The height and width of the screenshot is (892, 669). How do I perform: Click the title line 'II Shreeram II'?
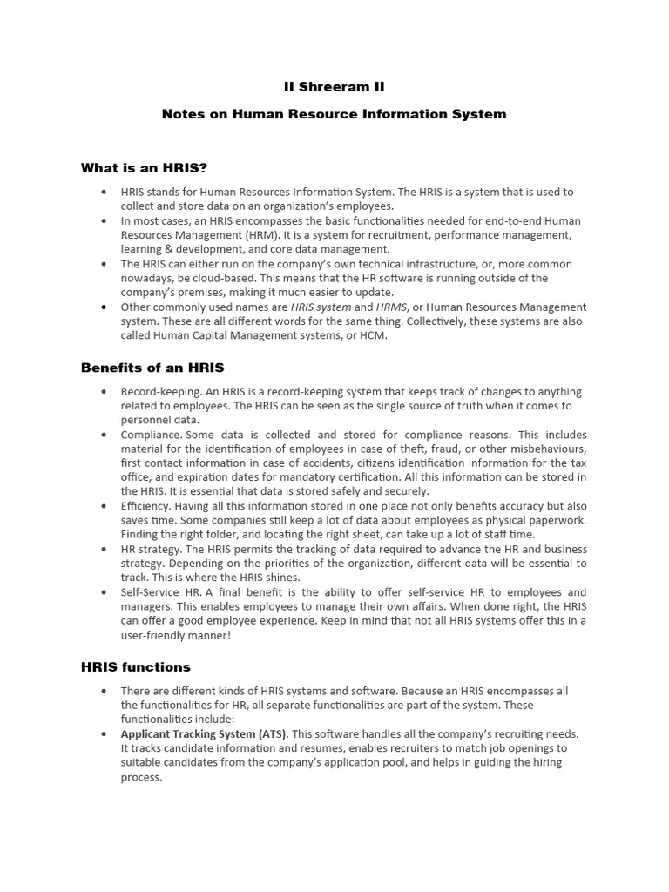[x=334, y=87]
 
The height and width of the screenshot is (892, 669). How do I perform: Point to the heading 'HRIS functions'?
[x=135, y=667]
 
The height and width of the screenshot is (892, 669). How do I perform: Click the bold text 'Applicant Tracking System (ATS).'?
[x=205, y=734]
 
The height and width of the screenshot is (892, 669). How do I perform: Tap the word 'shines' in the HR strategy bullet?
[x=280, y=578]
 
